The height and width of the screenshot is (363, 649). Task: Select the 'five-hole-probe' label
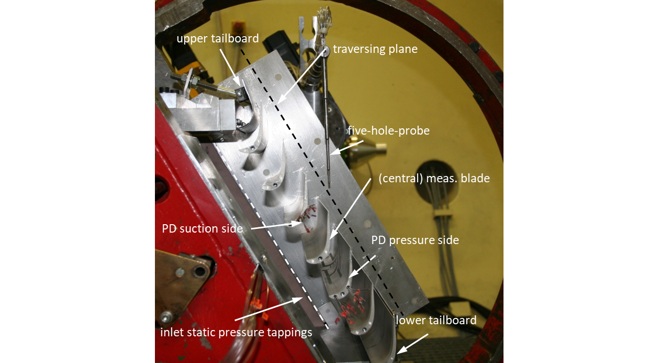[x=388, y=131]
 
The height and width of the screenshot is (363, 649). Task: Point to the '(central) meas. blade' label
[x=434, y=179]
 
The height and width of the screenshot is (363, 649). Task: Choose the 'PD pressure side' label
[x=415, y=240]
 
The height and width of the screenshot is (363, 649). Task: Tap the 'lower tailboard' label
[x=436, y=320]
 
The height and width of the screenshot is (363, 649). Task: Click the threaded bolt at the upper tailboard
[x=199, y=82]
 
